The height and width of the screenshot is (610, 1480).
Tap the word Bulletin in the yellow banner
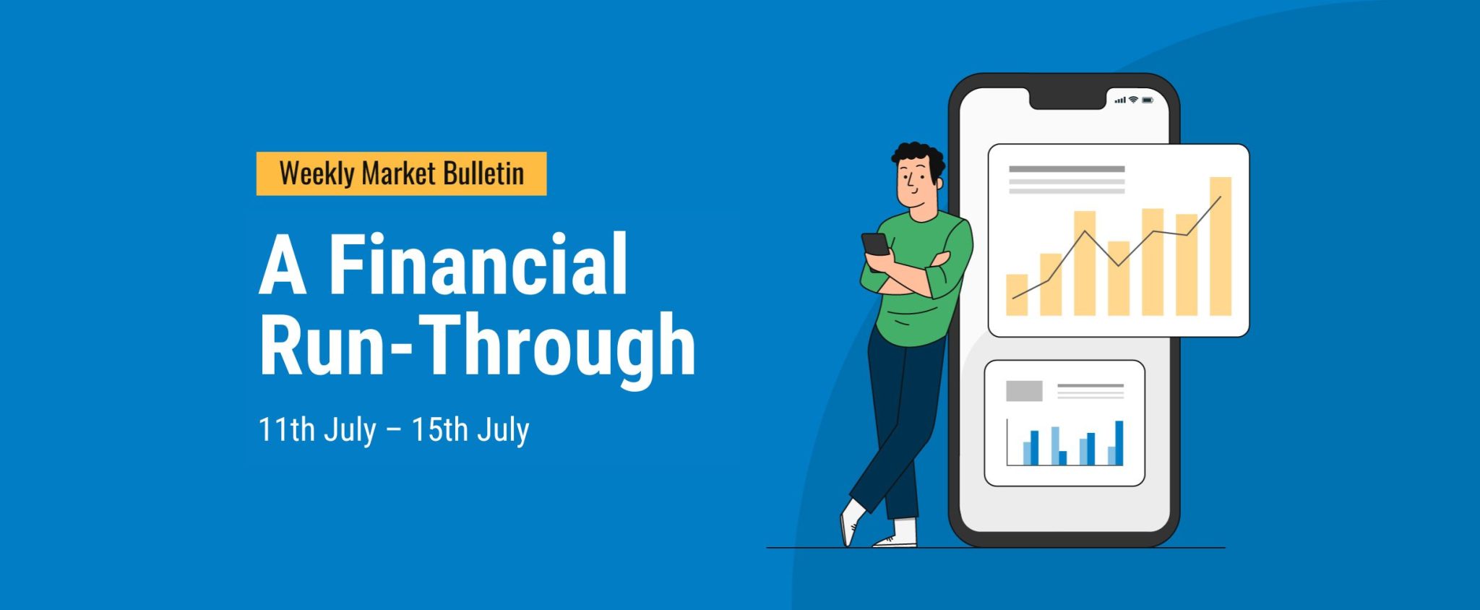tap(483, 173)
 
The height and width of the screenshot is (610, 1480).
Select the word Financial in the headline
tap(478, 265)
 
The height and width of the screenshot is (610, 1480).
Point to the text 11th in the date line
tap(287, 429)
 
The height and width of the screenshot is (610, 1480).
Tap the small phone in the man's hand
tap(875, 244)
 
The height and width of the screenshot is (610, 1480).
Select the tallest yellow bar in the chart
tap(1221, 246)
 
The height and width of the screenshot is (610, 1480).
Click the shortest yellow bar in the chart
tap(1017, 295)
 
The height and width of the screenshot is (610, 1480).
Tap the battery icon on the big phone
tap(1148, 100)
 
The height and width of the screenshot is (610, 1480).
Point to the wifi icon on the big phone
tap(1133, 100)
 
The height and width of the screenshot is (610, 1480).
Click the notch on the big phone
tap(1068, 96)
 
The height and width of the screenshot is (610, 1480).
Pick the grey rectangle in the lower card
tap(1024, 391)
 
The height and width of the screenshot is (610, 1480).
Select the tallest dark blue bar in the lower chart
tap(1119, 443)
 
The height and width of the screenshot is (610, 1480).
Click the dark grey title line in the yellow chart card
tap(1067, 169)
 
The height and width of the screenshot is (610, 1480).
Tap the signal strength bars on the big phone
tap(1120, 100)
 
